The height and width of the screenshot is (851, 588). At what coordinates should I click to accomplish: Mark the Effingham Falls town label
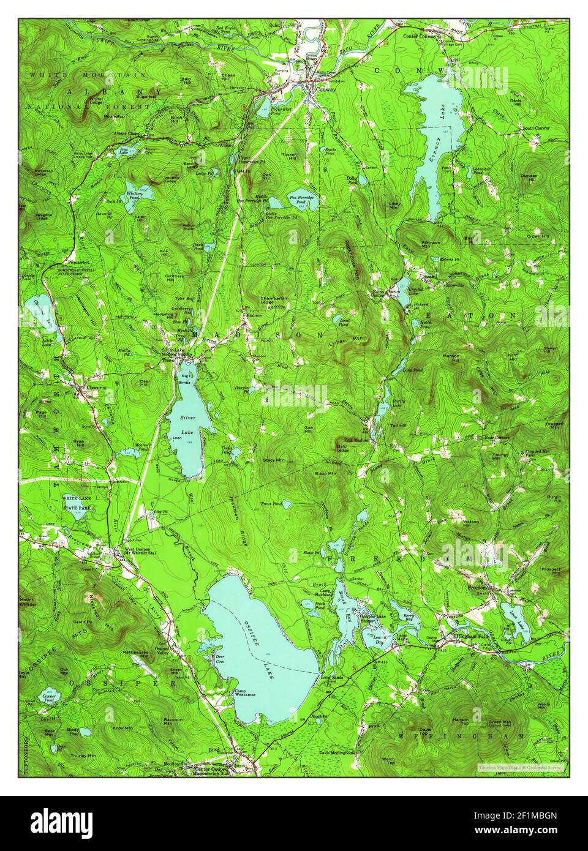(470, 637)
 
